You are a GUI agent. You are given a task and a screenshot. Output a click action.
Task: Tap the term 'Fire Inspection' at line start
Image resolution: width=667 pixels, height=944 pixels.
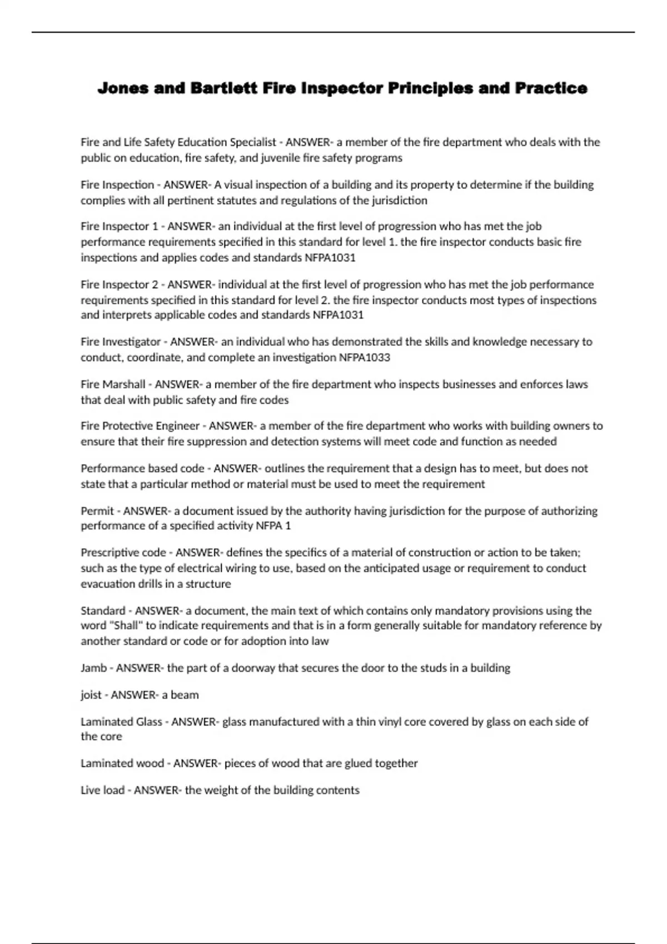click(x=117, y=185)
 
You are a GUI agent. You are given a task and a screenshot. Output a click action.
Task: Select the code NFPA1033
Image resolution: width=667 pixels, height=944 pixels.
click(x=364, y=358)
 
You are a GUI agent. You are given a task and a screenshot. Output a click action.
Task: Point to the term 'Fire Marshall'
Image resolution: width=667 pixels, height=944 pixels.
click(x=113, y=384)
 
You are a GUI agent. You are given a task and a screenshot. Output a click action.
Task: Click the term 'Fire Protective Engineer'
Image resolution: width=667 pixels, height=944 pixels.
click(x=140, y=426)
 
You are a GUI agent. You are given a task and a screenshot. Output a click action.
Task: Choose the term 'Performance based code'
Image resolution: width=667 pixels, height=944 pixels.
click(x=142, y=469)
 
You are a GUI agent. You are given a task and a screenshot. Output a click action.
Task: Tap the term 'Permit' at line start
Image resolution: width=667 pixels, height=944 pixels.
click(x=97, y=511)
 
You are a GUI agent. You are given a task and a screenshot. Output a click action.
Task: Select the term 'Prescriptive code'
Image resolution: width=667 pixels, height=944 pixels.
click(x=123, y=553)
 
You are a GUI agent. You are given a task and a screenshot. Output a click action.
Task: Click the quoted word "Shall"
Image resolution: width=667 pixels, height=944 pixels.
click(x=126, y=626)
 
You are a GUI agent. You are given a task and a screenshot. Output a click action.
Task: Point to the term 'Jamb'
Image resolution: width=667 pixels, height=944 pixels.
click(x=93, y=668)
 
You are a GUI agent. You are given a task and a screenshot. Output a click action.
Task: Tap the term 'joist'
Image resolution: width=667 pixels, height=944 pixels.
click(x=91, y=695)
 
